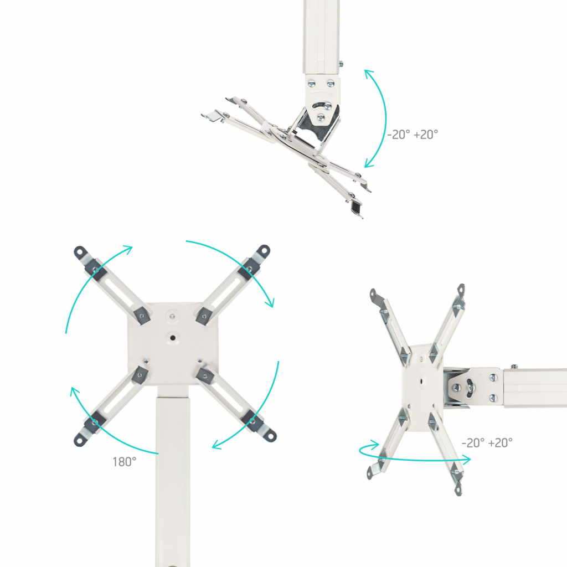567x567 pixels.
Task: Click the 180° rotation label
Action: (124, 462)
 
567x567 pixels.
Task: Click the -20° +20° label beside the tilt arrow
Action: (413, 135)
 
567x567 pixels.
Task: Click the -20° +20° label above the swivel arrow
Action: (487, 442)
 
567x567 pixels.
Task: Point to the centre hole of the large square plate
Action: (173, 338)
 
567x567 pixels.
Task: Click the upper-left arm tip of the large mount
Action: (80, 252)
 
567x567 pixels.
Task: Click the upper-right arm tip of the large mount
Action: (264, 251)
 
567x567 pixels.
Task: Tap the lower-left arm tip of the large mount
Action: (80, 440)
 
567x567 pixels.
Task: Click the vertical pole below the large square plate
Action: (173, 477)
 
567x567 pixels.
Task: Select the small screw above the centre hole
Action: (173, 316)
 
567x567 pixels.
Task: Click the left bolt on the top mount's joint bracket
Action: (311, 84)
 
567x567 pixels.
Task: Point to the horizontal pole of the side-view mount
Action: (535, 388)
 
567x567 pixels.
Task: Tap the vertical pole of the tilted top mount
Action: (321, 36)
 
